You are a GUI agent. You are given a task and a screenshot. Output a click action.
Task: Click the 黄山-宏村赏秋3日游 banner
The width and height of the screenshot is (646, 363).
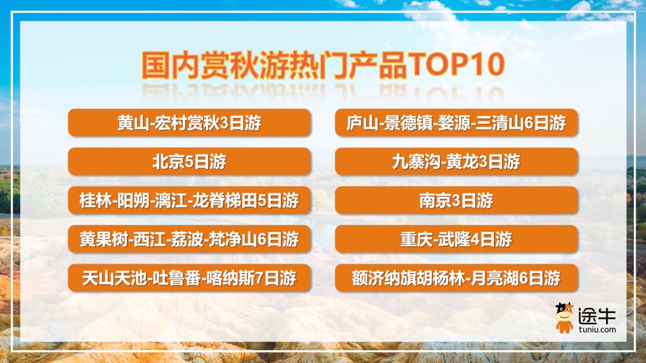(189, 123)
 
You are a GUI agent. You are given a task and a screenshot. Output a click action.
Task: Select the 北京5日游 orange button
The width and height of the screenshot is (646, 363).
(189, 161)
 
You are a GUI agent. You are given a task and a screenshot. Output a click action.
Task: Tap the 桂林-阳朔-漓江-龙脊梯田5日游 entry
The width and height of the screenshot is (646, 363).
(189, 201)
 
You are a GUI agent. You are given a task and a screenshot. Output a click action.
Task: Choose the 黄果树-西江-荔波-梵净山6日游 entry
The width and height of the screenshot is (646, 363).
(189, 239)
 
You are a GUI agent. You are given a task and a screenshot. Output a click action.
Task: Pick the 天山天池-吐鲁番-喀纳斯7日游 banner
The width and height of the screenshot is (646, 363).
(189, 278)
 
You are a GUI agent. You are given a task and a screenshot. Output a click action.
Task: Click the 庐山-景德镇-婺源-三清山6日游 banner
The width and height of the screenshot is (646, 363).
(456, 123)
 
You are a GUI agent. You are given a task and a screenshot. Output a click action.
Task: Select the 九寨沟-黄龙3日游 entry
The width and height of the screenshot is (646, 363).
(456, 161)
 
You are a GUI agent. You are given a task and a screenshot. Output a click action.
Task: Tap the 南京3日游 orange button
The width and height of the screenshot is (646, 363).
(456, 201)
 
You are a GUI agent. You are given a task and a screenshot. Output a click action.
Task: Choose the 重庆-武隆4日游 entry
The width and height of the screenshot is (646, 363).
(456, 239)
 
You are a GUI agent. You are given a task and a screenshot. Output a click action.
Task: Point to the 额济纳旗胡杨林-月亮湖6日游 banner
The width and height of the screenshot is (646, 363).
(456, 278)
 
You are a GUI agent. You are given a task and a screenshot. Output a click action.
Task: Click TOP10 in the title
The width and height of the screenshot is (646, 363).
(456, 65)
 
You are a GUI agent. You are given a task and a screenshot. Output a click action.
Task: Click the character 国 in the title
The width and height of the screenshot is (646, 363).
(156, 65)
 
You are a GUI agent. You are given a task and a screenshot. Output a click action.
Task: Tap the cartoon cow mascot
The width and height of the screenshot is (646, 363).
(565, 318)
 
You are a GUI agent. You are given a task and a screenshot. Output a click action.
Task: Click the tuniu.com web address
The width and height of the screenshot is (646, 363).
(597, 329)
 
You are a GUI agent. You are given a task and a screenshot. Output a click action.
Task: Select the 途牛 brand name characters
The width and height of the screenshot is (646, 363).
(597, 316)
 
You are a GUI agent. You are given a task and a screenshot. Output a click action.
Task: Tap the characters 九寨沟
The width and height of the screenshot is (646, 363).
(416, 162)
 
